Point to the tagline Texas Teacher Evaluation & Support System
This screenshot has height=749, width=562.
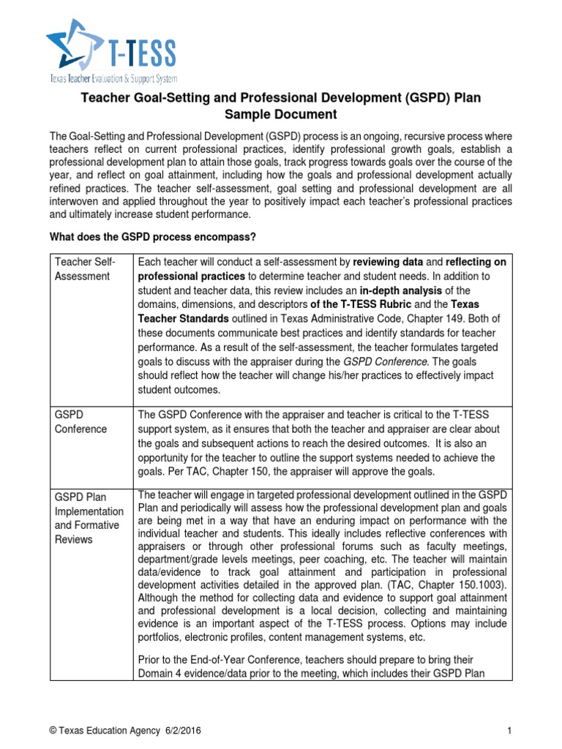113,78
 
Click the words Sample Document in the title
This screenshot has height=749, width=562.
280,114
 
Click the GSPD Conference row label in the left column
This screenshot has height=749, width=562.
80,422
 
